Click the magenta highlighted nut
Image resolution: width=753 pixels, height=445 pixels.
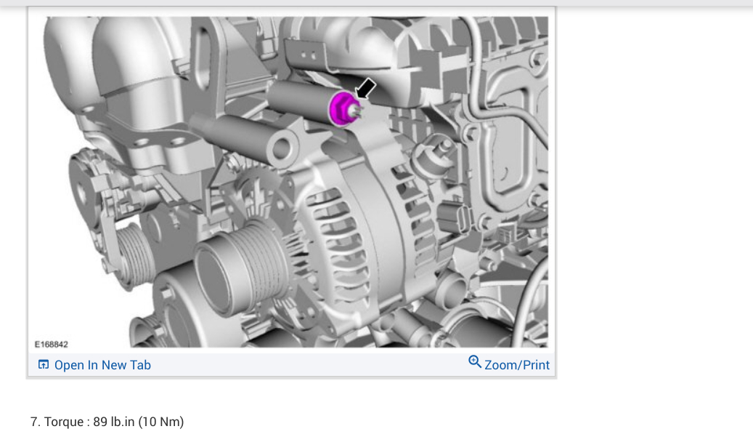(343, 109)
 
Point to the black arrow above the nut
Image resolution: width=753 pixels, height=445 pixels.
(366, 89)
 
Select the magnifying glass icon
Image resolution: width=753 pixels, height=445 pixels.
(474, 361)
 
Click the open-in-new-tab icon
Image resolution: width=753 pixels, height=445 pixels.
(44, 365)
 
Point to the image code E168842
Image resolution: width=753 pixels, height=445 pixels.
(52, 345)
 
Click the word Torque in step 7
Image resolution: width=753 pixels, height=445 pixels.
(64, 422)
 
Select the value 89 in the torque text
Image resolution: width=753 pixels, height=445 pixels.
(100, 422)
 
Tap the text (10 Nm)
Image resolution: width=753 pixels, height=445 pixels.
(161, 422)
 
